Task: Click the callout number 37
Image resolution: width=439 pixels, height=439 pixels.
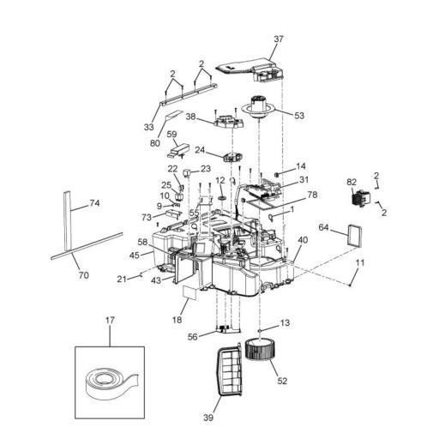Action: point(277,39)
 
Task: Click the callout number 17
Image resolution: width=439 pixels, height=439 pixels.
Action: point(110,322)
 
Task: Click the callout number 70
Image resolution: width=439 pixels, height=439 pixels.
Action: point(83,277)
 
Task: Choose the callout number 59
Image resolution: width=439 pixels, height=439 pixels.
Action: point(171,135)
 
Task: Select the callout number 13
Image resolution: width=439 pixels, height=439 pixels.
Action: point(285,323)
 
